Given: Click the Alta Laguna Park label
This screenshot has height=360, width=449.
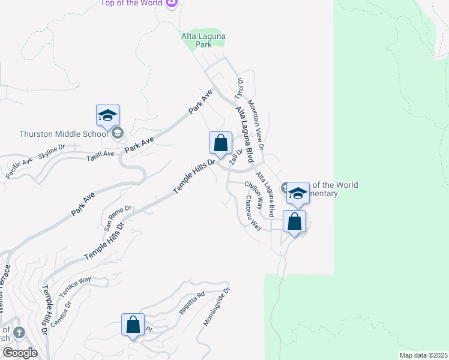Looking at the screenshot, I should pos(203,40).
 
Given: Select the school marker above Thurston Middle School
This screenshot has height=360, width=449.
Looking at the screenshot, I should pos(108,116).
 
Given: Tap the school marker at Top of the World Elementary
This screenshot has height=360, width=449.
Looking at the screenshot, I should pos(298,193).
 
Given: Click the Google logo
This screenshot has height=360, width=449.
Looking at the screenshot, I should pos(19,353).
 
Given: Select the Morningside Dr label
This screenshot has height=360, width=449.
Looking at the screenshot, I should pos(216,306).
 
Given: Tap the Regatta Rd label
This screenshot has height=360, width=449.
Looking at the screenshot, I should pos(192,303).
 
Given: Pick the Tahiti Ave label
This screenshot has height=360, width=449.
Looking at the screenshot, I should pos(100,155).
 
